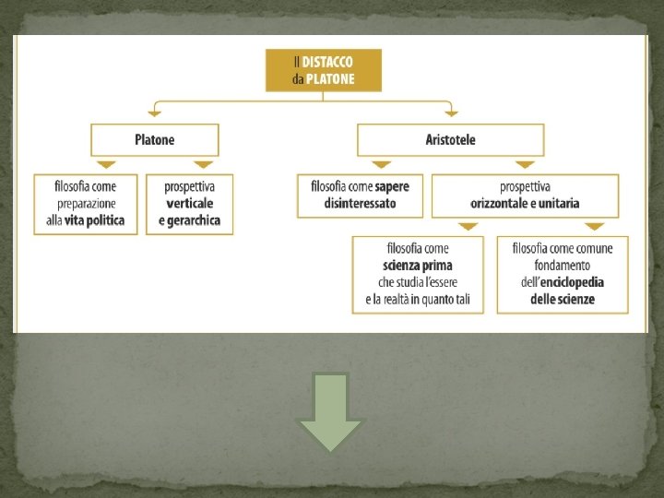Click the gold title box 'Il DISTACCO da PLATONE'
323,70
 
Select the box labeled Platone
154,140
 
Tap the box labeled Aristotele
450,140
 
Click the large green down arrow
330,411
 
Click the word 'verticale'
189,203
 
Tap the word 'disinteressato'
360,203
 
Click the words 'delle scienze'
563,299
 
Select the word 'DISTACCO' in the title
329,62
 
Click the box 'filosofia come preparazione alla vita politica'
86,204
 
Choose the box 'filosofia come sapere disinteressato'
360,195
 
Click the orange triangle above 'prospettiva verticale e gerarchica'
189,165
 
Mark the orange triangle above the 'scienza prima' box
468,226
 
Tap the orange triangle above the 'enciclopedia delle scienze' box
595,226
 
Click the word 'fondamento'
563,266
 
